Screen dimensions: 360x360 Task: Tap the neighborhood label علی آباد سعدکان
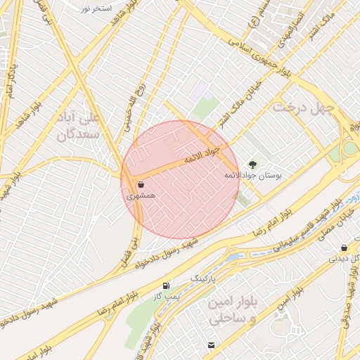coord(83,124)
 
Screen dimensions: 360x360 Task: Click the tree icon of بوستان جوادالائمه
coord(253,165)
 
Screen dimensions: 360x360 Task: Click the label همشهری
coord(141,198)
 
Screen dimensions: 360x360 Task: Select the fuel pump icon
coord(166,285)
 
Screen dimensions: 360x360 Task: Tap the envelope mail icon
coord(211,345)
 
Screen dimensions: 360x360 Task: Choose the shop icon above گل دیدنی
coord(343,247)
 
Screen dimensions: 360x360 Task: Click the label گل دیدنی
coord(345,259)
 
